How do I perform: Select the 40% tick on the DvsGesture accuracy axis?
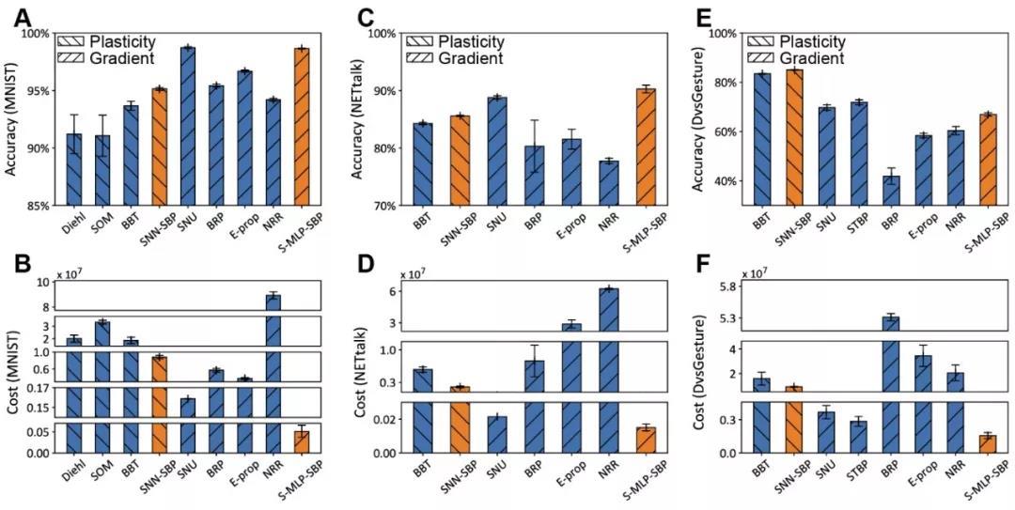(x=724, y=181)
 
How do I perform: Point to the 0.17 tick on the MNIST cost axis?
(x=39, y=388)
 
